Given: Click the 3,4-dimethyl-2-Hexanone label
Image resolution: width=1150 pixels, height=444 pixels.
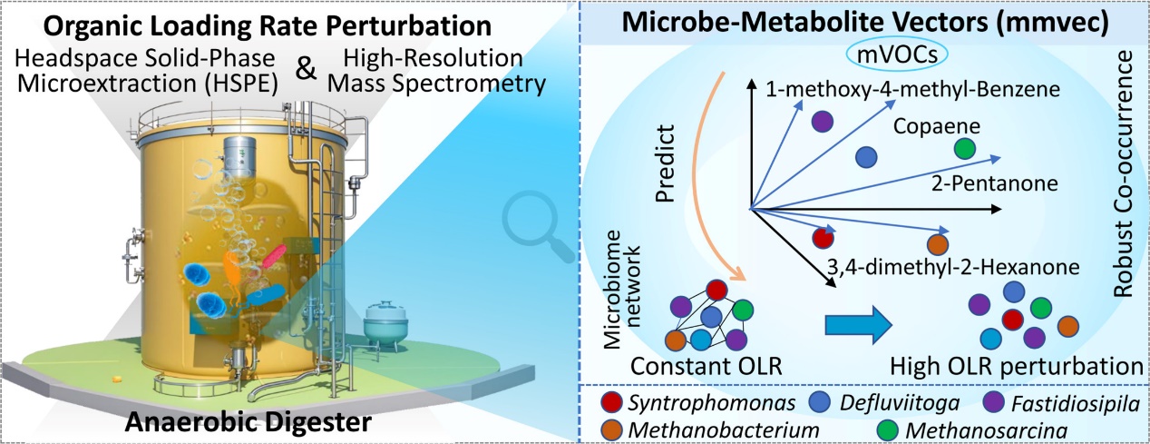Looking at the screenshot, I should (952, 267).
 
